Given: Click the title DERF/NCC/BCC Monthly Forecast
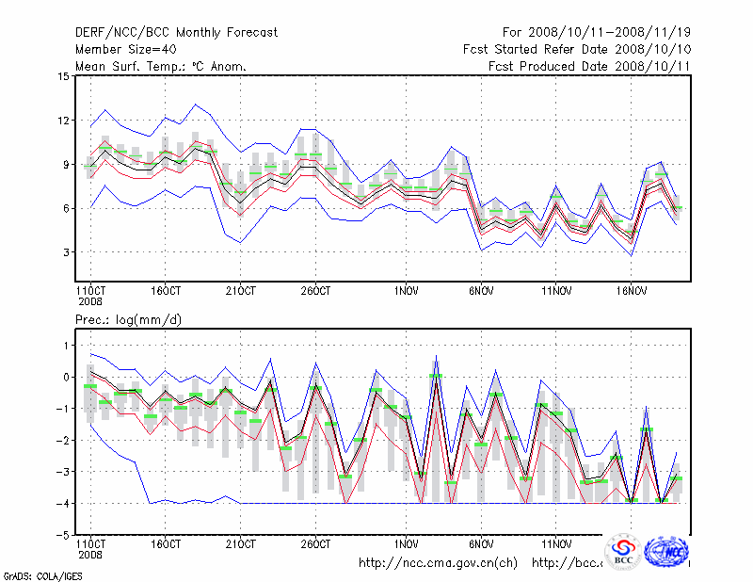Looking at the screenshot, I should click(x=176, y=33).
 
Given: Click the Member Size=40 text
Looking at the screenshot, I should click(x=126, y=49).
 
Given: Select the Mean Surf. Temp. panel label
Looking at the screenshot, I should click(x=161, y=66).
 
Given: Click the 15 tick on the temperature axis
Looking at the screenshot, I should click(x=63, y=76).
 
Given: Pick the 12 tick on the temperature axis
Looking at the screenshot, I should click(x=63, y=121).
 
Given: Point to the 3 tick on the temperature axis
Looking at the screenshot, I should click(x=66, y=252).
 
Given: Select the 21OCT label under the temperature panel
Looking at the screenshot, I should click(x=240, y=290).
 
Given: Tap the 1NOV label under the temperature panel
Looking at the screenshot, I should click(x=407, y=290).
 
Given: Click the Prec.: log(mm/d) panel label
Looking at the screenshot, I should click(x=129, y=320).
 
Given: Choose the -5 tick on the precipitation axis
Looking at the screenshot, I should click(x=62, y=535).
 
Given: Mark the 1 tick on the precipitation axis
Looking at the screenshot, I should click(x=66, y=346).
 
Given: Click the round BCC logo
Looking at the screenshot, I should click(x=623, y=553).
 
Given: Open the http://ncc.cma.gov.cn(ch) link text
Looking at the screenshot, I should click(x=439, y=563).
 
